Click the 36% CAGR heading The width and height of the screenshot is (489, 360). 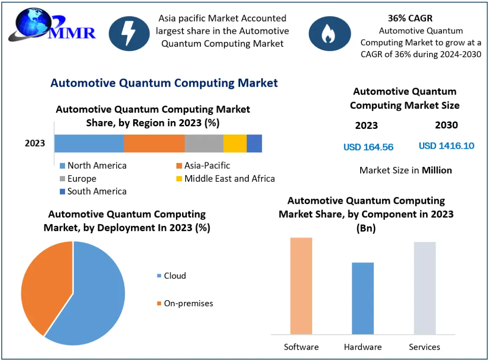click(x=410, y=18)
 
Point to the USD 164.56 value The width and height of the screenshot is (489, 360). click(x=369, y=147)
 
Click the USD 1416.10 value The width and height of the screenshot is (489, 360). click(x=446, y=146)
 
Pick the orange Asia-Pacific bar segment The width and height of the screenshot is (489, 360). click(x=154, y=143)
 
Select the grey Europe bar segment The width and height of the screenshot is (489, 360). click(x=204, y=143)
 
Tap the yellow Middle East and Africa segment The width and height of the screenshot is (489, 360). click(x=235, y=143)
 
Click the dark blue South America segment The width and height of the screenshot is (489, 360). click(x=254, y=143)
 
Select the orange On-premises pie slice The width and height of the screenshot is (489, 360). click(x=44, y=286)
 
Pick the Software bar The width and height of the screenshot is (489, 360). click(x=301, y=286)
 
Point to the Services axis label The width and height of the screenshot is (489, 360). click(x=424, y=347)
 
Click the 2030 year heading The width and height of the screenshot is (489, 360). click(x=446, y=125)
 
